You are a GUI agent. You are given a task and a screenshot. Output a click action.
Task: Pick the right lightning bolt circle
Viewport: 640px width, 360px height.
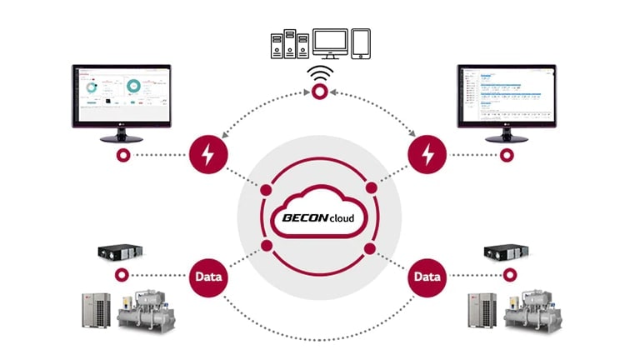(x=427, y=155)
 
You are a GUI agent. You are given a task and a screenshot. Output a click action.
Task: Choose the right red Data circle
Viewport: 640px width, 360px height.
(x=427, y=275)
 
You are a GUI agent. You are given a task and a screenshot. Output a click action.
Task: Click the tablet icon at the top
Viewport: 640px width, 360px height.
(x=361, y=42)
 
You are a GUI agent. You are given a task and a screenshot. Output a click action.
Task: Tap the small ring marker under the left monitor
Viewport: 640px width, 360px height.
(x=123, y=155)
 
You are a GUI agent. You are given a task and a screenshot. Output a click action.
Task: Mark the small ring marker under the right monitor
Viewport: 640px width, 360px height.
(x=507, y=155)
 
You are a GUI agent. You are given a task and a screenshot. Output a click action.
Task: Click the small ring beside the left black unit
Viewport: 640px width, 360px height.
(x=123, y=275)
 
